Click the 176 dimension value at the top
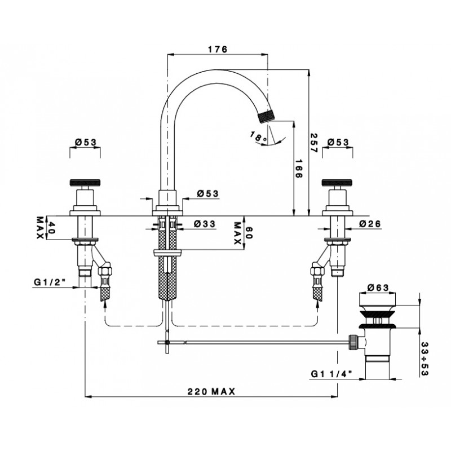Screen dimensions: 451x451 click(x=218, y=49)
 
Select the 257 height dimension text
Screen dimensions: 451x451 click(x=313, y=143)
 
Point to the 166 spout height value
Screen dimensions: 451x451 click(x=299, y=169)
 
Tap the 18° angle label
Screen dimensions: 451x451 click(x=258, y=136)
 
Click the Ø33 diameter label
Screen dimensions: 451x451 click(x=205, y=224)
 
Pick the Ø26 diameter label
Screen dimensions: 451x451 click(x=370, y=224)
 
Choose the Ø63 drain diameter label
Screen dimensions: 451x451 click(x=378, y=288)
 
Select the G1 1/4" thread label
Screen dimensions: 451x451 click(x=331, y=374)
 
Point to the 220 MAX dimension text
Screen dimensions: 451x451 click(x=211, y=391)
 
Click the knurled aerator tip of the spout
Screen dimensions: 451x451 click(x=266, y=117)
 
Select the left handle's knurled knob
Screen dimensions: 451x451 click(x=85, y=183)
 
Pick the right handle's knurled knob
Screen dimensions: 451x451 click(x=338, y=183)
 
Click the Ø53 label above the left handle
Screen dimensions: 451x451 click(x=86, y=142)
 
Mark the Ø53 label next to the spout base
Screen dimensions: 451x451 click(x=208, y=193)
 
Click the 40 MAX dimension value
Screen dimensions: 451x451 click(x=45, y=228)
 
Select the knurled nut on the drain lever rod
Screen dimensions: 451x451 click(x=353, y=342)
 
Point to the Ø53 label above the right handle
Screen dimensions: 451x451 click(x=338, y=142)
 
